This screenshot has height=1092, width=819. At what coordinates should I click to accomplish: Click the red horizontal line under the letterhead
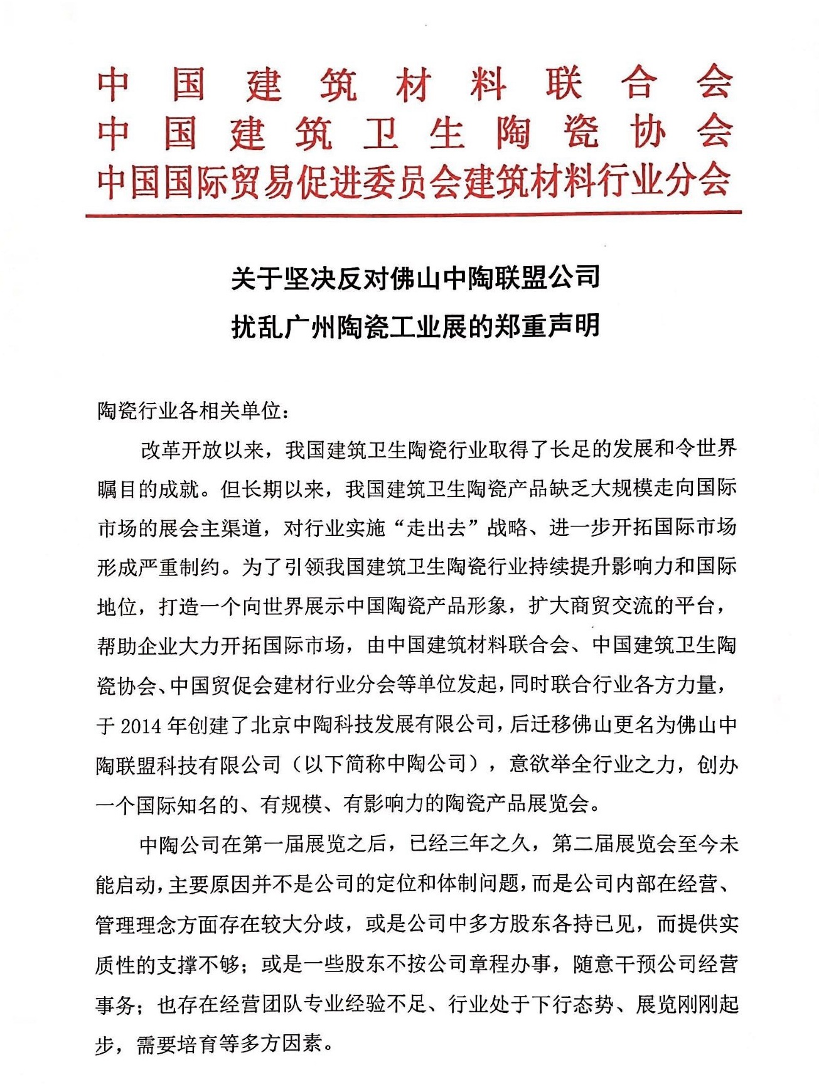point(414,214)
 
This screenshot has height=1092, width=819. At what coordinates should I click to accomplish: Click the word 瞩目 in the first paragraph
point(118,489)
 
